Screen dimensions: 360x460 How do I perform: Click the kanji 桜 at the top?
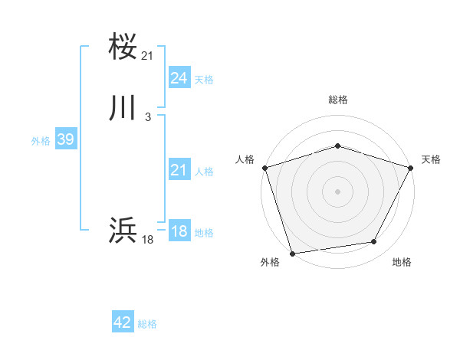pos(123,47)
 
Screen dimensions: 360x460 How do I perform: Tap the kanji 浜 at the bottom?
pos(123,229)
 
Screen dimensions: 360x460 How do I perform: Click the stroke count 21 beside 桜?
pos(148,56)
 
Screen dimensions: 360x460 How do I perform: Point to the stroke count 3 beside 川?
pos(147,117)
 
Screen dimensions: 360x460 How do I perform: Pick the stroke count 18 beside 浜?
pos(148,240)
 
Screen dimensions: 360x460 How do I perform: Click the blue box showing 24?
pos(179,78)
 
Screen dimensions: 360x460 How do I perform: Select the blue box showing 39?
pos(65,139)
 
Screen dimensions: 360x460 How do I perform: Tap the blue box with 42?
pos(123,322)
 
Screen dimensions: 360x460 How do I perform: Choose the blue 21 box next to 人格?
pos(179,171)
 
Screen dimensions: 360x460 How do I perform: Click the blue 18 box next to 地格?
pos(179,231)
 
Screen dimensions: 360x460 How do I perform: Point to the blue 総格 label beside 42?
pos(147,324)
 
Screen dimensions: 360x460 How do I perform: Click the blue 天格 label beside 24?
pos(204,80)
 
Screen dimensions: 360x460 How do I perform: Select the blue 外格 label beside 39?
pos(41,141)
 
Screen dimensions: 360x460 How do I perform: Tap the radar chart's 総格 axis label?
pos(338,100)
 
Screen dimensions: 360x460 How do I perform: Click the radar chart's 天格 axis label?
pos(431,159)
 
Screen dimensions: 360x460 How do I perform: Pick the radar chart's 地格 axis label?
pos(402,262)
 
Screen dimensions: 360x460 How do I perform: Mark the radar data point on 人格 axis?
pos(264,168)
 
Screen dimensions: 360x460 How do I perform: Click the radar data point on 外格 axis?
pos(293,252)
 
